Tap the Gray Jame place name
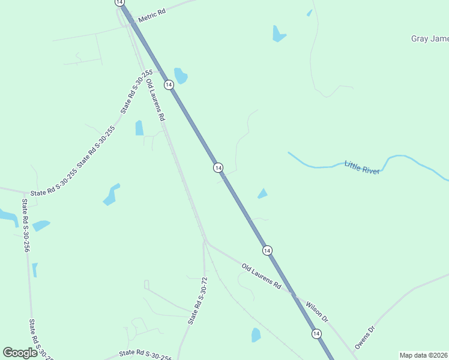pyautogui.click(x=429, y=39)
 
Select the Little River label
pyautogui.click(x=362, y=167)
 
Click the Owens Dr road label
pyautogui.click(x=364, y=337)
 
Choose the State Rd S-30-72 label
pyautogui.click(x=197, y=301)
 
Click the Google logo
pyautogui.click(x=20, y=352)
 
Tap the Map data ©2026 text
pyautogui.click(x=424, y=355)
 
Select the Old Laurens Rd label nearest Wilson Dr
pyautogui.click(x=261, y=276)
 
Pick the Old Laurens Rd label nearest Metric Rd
pyautogui.click(x=155, y=98)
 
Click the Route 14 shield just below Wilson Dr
pyautogui.click(x=316, y=333)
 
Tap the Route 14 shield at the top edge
pyautogui.click(x=120, y=2)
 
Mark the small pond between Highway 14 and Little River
pyautogui.click(x=262, y=193)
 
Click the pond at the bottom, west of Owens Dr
pyautogui.click(x=256, y=335)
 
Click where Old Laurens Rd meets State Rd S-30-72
pyautogui.click(x=205, y=242)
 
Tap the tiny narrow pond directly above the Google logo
pyautogui.click(x=35, y=269)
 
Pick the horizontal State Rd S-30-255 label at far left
pyautogui.click(x=53, y=193)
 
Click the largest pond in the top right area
pyautogui.click(x=279, y=34)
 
